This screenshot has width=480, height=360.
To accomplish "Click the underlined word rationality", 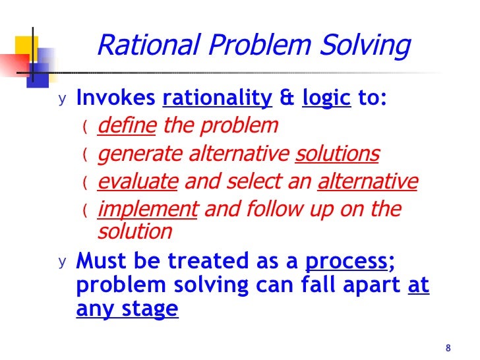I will [217, 99].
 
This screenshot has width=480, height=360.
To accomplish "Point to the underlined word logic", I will [326, 99].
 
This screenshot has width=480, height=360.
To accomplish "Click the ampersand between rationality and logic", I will [287, 99].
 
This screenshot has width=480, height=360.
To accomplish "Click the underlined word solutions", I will [337, 154].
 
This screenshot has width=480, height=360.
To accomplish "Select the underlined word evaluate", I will [138, 182].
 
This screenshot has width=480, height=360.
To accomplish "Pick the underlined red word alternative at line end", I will [367, 182].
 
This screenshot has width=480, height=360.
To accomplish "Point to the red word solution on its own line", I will [135, 232].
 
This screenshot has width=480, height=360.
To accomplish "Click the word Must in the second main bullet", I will [99, 261].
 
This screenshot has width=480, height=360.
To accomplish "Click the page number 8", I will [448, 348].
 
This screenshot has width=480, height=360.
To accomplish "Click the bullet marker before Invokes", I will [62, 100].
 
